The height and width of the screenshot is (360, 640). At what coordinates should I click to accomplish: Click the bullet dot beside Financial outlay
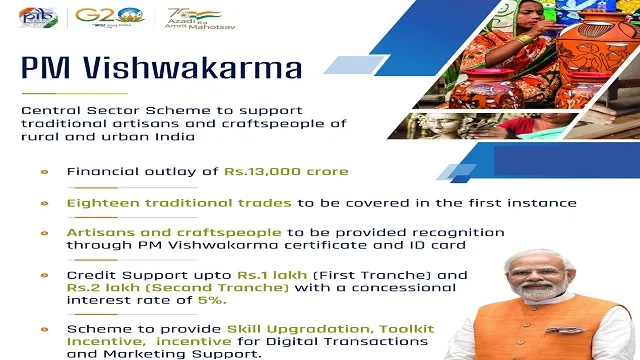[43, 171]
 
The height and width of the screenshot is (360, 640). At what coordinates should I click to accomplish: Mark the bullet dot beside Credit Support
[43, 273]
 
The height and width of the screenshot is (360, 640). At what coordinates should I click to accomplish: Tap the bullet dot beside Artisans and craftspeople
[43, 231]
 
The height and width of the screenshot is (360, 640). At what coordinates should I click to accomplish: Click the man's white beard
[538, 297]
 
